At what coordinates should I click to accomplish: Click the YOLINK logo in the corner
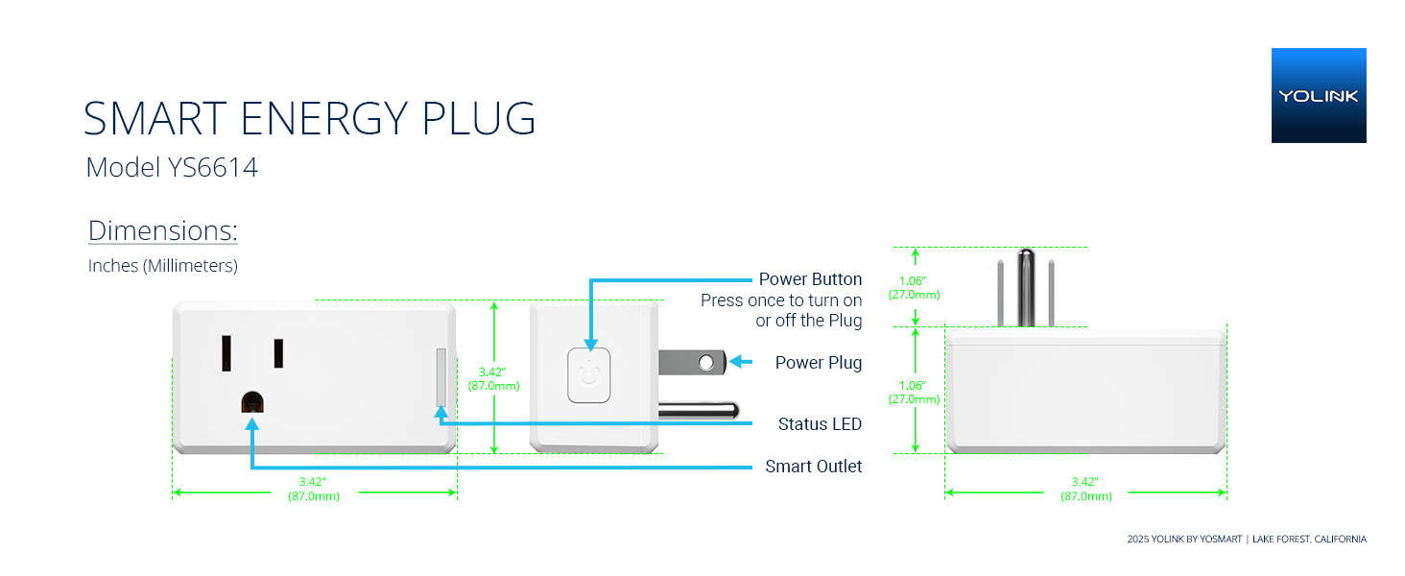1318,95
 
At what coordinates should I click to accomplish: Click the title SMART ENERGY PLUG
309,118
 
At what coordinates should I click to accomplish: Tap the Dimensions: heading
162,231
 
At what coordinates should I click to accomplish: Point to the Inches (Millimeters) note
162,266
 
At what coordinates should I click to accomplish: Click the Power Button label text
810,279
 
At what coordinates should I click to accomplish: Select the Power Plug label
819,363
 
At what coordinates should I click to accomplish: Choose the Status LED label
820,424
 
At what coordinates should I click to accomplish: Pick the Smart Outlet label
814,467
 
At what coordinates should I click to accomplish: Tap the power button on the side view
589,375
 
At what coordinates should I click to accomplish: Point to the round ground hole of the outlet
252,402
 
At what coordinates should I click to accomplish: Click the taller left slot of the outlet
227,352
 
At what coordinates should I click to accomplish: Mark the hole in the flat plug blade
707,363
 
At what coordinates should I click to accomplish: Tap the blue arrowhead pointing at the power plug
737,362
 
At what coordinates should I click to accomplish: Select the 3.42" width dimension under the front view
314,488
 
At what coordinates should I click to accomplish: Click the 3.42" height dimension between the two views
494,378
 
